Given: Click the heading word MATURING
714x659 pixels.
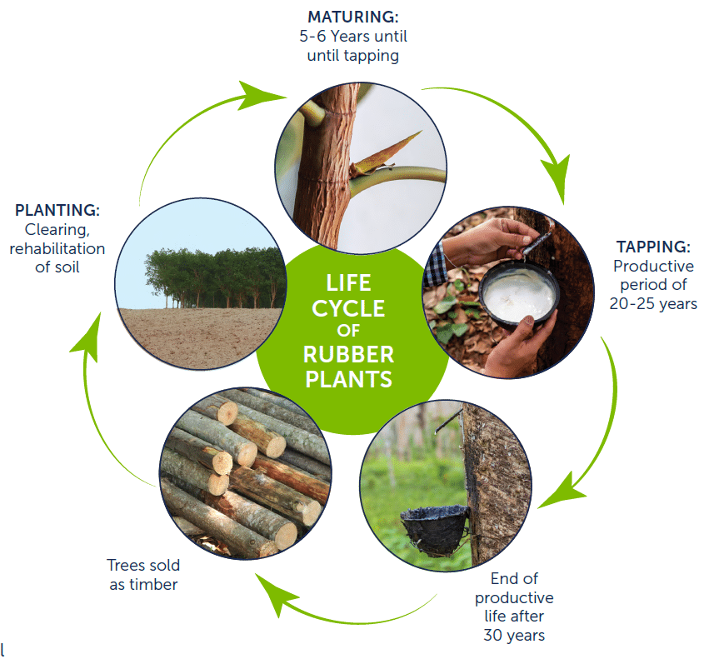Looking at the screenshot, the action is pos(352,17).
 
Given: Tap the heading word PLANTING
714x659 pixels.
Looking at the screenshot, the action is pos(57,210).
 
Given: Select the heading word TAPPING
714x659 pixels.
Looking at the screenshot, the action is pos(653,247).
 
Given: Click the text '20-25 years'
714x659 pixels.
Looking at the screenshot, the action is pos(653,304).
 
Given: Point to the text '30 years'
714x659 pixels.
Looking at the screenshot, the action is pos(514,635).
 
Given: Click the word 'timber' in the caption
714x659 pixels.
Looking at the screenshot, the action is pos(153,584).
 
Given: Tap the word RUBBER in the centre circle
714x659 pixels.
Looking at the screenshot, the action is pos(348,355).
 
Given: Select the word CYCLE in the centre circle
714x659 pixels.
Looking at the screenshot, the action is pos(348,308).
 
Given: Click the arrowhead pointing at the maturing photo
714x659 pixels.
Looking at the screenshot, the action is pos(260,95).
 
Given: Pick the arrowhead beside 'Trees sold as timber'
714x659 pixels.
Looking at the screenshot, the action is pos(276,594).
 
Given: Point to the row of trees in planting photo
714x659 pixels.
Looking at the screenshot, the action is pos(215,277).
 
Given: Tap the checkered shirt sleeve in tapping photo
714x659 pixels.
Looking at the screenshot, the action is pos(434,266).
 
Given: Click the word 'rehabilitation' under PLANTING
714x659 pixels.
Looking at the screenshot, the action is pos(57,248).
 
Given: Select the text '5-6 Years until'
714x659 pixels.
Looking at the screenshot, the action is pos(353,36).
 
